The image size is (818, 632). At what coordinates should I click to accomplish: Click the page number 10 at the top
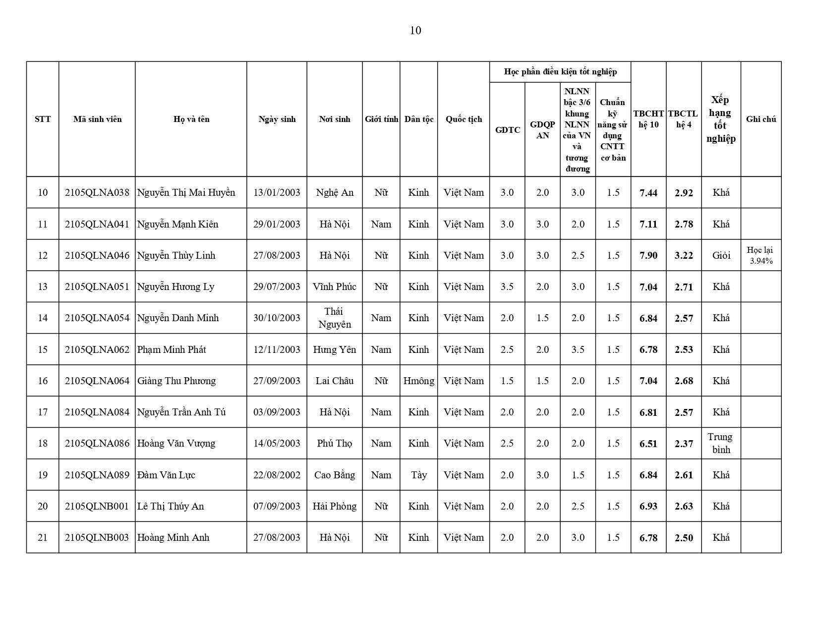pos(415,31)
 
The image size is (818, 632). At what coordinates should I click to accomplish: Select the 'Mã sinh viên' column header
pos(97,119)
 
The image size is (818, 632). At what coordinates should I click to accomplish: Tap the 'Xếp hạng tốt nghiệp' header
pos(721,119)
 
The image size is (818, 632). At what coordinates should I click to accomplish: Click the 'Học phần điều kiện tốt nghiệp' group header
pos(560,72)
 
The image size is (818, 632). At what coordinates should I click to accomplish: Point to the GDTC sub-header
pos(508,130)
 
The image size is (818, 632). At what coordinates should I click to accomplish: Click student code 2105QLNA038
pos(97,192)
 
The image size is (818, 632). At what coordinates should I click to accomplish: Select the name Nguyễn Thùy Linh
pos(176,255)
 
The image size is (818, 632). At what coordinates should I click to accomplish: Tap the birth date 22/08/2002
pos(277,475)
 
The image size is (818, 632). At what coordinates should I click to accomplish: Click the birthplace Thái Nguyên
pos(334,318)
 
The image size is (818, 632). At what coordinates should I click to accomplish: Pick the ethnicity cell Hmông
pos(418,381)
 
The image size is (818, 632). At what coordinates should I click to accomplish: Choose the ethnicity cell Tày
pos(418,475)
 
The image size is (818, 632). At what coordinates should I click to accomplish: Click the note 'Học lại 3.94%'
pos(760,255)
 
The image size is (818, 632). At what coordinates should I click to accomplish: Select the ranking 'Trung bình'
pos(720,443)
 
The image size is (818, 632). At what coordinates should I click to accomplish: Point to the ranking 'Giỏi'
pos(721,255)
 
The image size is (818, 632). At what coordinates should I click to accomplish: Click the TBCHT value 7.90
pos(648,255)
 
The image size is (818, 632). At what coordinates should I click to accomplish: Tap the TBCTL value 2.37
pos(684,444)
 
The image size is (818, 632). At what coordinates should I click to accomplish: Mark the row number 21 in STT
pos(43,537)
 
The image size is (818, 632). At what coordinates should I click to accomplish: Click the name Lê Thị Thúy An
pos(171,506)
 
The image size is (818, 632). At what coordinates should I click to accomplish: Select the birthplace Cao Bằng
pos(334,475)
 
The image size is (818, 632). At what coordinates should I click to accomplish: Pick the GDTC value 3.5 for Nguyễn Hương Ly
pos(507,287)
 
